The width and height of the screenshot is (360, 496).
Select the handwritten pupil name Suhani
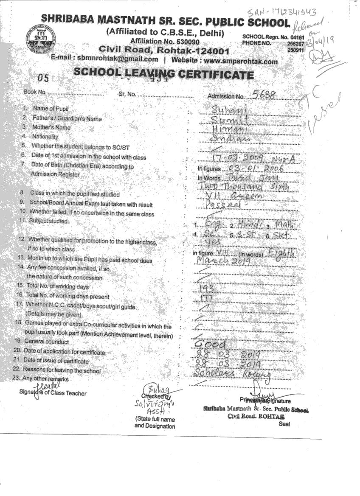[x=229, y=109]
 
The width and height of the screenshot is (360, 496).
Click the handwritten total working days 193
[x=206, y=288]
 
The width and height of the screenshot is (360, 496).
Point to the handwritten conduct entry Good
[x=211, y=344]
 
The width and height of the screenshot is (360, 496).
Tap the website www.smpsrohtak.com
[x=241, y=61]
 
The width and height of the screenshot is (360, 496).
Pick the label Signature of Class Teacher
[x=53, y=392]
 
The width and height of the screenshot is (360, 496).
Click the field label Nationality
[x=45, y=137]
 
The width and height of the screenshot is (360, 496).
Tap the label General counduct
[x=46, y=342]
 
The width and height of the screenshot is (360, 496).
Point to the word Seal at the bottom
[x=284, y=423]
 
